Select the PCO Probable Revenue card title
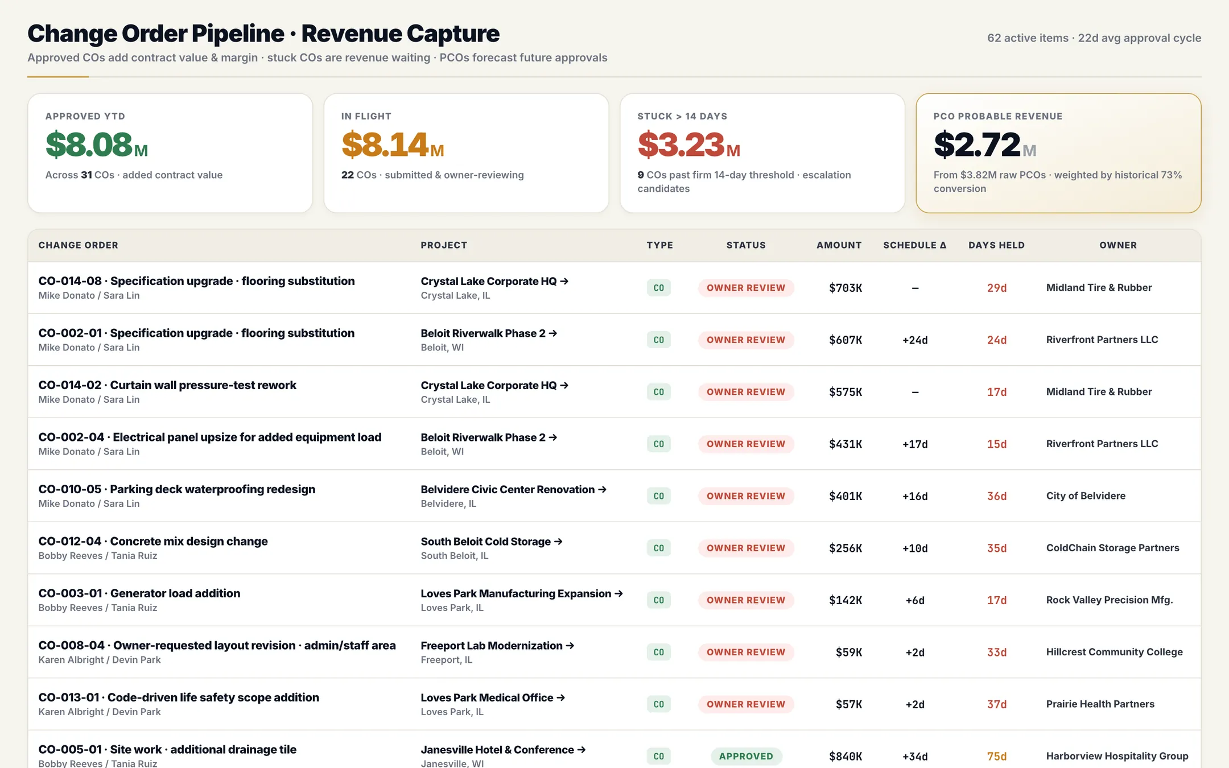(998, 116)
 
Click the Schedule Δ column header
(915, 245)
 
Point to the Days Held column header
(996, 245)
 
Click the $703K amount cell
(846, 288)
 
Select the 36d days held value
(997, 496)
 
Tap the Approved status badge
(746, 756)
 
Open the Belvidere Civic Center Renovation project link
(513, 489)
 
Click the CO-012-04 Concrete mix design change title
(153, 541)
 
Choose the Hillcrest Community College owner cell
(1114, 652)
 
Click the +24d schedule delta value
(915, 340)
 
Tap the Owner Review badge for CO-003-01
(746, 600)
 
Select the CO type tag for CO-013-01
(659, 704)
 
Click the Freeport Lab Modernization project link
(497, 646)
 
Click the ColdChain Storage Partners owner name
(1112, 548)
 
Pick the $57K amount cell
(849, 704)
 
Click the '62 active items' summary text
(1028, 38)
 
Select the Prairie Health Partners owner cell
(1100, 704)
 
